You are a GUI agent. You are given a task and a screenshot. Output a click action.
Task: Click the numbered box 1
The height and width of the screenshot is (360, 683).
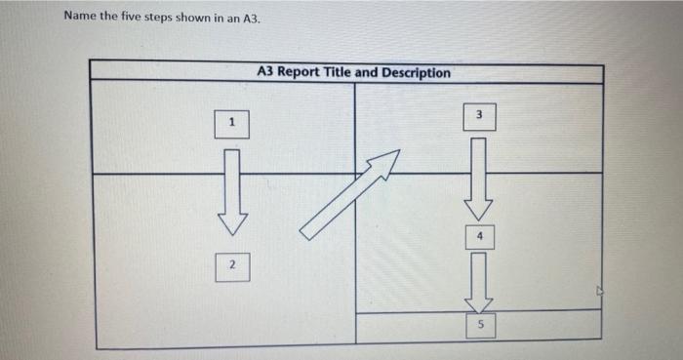click(x=231, y=124)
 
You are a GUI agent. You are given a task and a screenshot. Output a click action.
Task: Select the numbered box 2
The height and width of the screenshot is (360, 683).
click(x=231, y=266)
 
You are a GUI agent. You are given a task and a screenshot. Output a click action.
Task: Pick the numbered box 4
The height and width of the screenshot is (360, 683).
click(x=479, y=235)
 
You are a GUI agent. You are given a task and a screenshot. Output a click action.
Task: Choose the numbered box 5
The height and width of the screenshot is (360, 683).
click(x=479, y=325)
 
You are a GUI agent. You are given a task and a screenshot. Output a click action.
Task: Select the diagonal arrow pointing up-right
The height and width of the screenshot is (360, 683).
click(x=349, y=195)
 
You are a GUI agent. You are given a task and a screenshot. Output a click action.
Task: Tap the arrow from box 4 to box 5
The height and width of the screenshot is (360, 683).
click(x=479, y=280)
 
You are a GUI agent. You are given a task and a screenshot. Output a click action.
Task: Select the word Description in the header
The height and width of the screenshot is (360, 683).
click(x=417, y=73)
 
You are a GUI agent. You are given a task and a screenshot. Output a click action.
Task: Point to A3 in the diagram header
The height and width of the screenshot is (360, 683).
click(x=266, y=73)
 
